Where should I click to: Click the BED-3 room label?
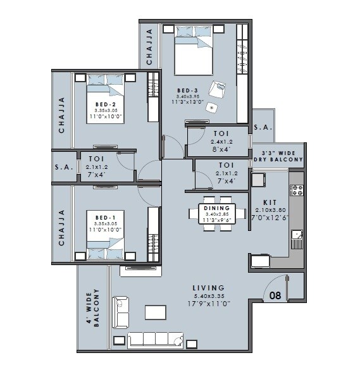coord(188,90)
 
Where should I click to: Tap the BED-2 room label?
coord(105,104)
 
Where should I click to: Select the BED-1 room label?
coord(104,217)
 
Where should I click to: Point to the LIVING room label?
coord(209,288)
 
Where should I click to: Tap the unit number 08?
coord(275,295)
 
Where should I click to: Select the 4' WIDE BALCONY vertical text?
coord(93,308)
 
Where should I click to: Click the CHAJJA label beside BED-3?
coord(149,47)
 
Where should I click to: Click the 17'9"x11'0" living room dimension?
coord(209,304)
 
